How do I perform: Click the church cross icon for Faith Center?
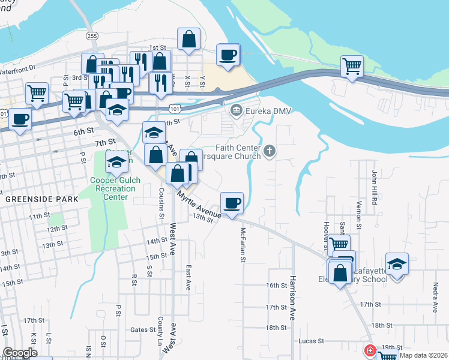[x=270, y=151]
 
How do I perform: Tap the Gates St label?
[x=143, y=330]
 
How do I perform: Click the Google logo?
[x=20, y=353]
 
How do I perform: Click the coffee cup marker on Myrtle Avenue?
[x=231, y=203]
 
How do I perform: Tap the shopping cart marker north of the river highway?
[x=351, y=66]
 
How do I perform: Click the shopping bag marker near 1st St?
[x=188, y=39]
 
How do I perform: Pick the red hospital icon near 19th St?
[x=370, y=350]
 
